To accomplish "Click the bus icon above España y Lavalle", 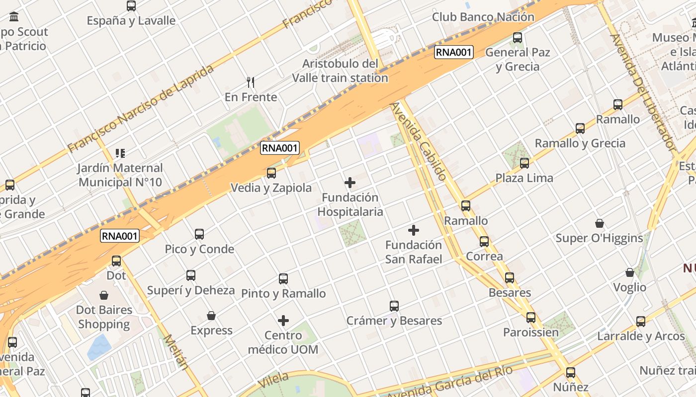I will [x=131, y=6].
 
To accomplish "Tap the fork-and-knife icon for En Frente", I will [x=251, y=82].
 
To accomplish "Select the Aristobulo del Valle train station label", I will [x=340, y=70].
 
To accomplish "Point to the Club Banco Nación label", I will [x=483, y=17].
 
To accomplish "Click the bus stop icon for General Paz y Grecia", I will [x=518, y=37].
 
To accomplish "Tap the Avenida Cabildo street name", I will [x=418, y=141].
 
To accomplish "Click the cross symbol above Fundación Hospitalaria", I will [x=350, y=183].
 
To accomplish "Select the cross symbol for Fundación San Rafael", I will [x=413, y=230].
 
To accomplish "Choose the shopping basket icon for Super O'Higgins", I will [x=600, y=223].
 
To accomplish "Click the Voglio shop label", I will [x=629, y=287].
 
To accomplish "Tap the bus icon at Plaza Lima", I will [x=524, y=163].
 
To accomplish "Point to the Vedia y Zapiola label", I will [x=271, y=188].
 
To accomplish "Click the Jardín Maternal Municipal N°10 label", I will [x=120, y=175].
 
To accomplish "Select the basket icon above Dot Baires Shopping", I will [x=104, y=296].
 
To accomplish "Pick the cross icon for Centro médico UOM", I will [x=283, y=321].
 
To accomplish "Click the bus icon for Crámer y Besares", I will [x=394, y=306].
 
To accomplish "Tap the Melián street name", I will [x=176, y=352].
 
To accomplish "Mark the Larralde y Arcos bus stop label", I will [x=641, y=336].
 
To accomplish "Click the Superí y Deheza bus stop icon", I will [x=191, y=275].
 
